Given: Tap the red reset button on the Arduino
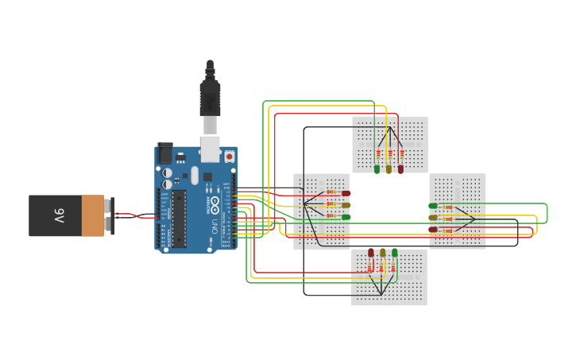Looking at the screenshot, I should coord(230,157).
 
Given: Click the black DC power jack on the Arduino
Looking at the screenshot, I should coord(165,153).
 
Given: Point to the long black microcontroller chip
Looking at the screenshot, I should coord(180,217).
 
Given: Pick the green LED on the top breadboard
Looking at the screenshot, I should coord(377,168).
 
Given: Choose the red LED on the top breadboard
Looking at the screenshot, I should coord(400,168).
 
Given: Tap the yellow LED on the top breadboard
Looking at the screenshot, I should coord(389,168).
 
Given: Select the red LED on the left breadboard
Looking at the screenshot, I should coord(346,193).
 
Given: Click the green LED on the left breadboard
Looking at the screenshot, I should coord(346,217).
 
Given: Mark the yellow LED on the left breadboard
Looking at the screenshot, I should coord(346,205).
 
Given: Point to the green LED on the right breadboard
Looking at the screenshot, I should coord(433,206).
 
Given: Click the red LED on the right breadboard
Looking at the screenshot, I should coord(433,230).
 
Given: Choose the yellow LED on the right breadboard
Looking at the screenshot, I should coord(433,218).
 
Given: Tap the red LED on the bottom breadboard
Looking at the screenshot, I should coord(371,253).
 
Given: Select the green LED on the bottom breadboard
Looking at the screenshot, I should coord(395,253).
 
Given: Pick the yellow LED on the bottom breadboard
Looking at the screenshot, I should coord(383,253).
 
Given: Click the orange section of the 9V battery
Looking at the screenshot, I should coord(92,216).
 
